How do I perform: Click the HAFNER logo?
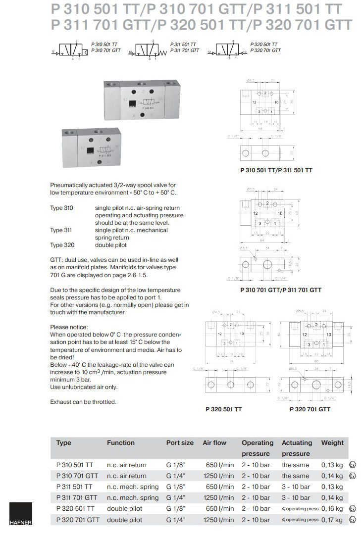(20, 514)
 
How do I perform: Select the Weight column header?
(332, 443)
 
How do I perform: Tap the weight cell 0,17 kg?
(332, 520)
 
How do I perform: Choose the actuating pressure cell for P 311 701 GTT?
(296, 498)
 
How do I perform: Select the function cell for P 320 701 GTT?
(124, 520)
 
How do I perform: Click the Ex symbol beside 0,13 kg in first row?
(352, 465)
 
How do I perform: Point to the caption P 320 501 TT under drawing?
(223, 409)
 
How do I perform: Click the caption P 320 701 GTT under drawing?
(310, 409)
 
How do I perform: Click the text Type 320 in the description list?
(61, 245)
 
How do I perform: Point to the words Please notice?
(69, 327)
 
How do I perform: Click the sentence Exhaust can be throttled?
(83, 402)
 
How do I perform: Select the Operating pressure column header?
(257, 448)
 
